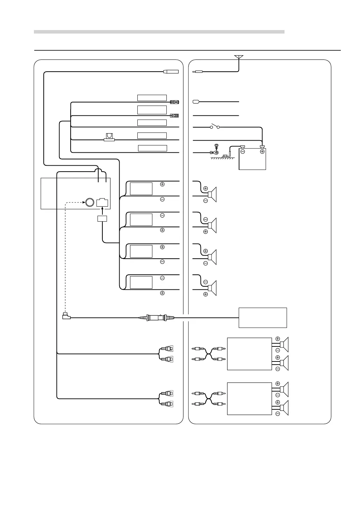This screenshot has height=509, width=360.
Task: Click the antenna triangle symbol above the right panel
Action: click(239, 57)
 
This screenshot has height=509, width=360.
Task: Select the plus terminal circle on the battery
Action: click(262, 151)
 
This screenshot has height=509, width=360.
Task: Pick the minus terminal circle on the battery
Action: click(243, 151)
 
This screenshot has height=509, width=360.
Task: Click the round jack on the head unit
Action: click(89, 202)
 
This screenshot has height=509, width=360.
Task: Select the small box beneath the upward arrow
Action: click(102, 219)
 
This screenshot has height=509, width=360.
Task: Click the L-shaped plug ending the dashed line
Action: click(66, 316)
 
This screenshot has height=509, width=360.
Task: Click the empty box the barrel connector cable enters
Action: click(262, 317)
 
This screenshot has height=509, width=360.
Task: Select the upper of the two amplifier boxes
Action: click(249, 354)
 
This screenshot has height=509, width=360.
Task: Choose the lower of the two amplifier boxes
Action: click(249, 399)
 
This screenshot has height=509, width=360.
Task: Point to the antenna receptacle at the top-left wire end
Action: click(171, 72)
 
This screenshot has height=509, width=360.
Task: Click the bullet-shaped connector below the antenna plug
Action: click(196, 102)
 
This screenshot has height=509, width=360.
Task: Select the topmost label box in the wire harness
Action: click(152, 98)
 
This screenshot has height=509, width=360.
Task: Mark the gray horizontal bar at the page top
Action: click(159, 32)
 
